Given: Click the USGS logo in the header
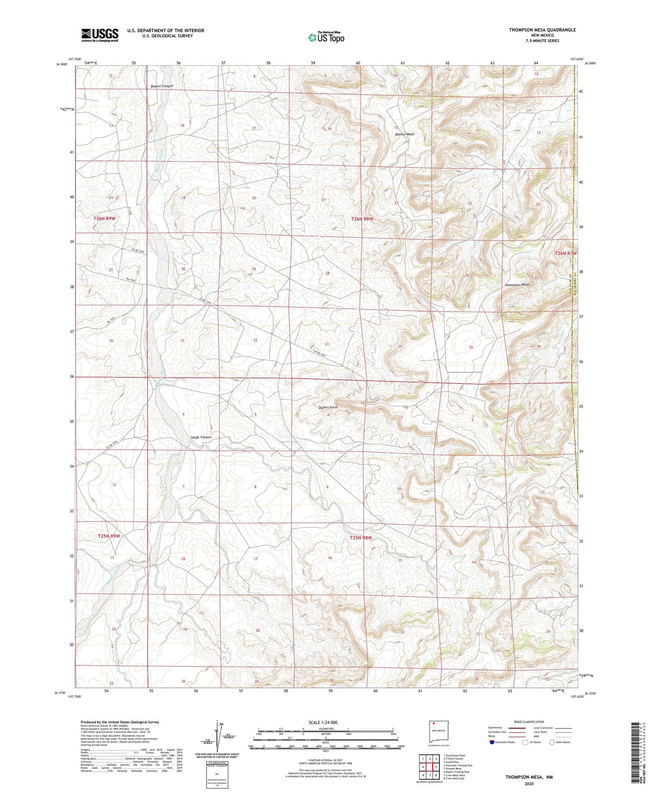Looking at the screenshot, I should pos(100,35).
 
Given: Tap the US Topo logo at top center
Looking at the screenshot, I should pos(326,37).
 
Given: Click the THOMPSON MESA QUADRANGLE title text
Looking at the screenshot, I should pos(542,30).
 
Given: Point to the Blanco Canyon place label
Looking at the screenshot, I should pos(162,86).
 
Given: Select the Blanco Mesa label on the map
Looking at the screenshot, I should pos(404,134).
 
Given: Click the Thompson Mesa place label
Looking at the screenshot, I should pos(517,285).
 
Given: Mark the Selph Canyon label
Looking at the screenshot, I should pos(200,437).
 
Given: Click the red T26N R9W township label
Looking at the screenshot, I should pos(104,218).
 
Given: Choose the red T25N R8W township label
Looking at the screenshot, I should pos(361,538).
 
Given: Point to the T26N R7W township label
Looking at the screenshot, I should pos(566,253).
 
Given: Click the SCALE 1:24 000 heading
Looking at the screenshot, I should pos(323,723).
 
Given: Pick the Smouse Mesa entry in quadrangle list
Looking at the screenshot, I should pos(452,769).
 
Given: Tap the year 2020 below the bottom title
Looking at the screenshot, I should pos(528,783).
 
